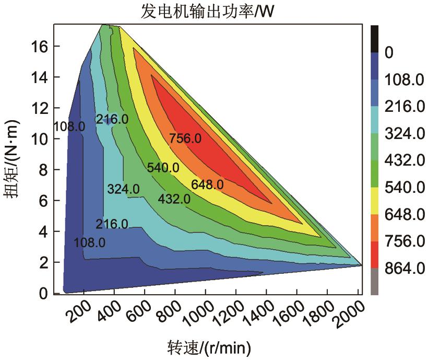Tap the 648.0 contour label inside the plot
tap(207, 184)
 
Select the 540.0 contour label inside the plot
tap(163, 168)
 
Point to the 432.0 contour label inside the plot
tap(174, 199)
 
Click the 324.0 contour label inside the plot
tap(123, 189)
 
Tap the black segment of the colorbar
tap(374, 38)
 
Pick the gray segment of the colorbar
tap(374, 282)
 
